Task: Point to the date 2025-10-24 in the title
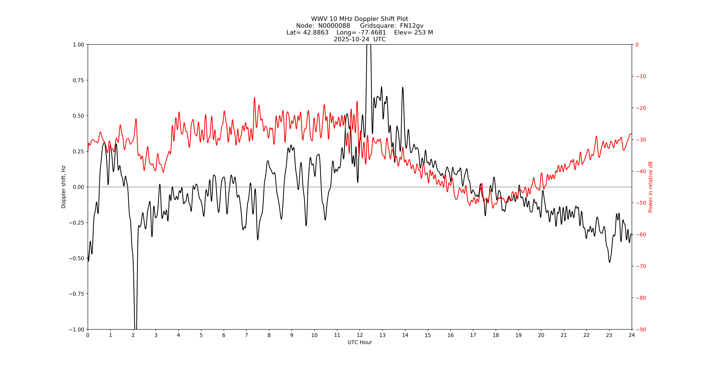click(x=351, y=39)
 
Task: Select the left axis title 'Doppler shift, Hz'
click(x=64, y=187)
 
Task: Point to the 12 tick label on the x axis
click(x=360, y=335)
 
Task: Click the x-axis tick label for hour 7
click(x=246, y=335)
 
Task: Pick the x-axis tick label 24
click(x=632, y=335)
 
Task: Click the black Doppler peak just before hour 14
click(x=403, y=87)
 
